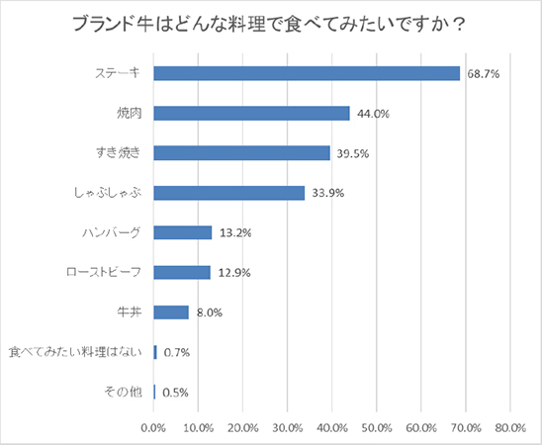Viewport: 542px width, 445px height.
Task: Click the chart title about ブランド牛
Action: click(x=270, y=24)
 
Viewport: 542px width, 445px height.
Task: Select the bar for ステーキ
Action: click(x=307, y=73)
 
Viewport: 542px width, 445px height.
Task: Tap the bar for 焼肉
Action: click(x=251, y=113)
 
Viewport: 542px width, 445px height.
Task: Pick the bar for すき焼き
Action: click(x=241, y=152)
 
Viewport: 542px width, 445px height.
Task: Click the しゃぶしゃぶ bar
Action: click(x=228, y=193)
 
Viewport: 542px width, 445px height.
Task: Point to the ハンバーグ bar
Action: click(x=183, y=232)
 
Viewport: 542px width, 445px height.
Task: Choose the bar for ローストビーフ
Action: click(x=182, y=272)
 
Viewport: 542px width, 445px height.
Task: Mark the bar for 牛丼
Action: click(x=171, y=312)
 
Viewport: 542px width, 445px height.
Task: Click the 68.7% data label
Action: click(x=482, y=74)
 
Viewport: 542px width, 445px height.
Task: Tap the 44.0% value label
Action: click(x=372, y=114)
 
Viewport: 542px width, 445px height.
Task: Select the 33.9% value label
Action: click(x=326, y=193)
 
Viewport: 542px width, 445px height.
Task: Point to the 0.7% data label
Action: click(x=176, y=352)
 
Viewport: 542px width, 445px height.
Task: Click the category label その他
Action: click(x=124, y=392)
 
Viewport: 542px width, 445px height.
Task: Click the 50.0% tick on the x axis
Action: click(x=376, y=427)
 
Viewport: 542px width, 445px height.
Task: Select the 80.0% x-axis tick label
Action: click(x=509, y=427)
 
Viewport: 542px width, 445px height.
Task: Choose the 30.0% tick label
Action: click(x=287, y=427)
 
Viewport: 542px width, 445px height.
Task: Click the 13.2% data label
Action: click(x=234, y=233)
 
